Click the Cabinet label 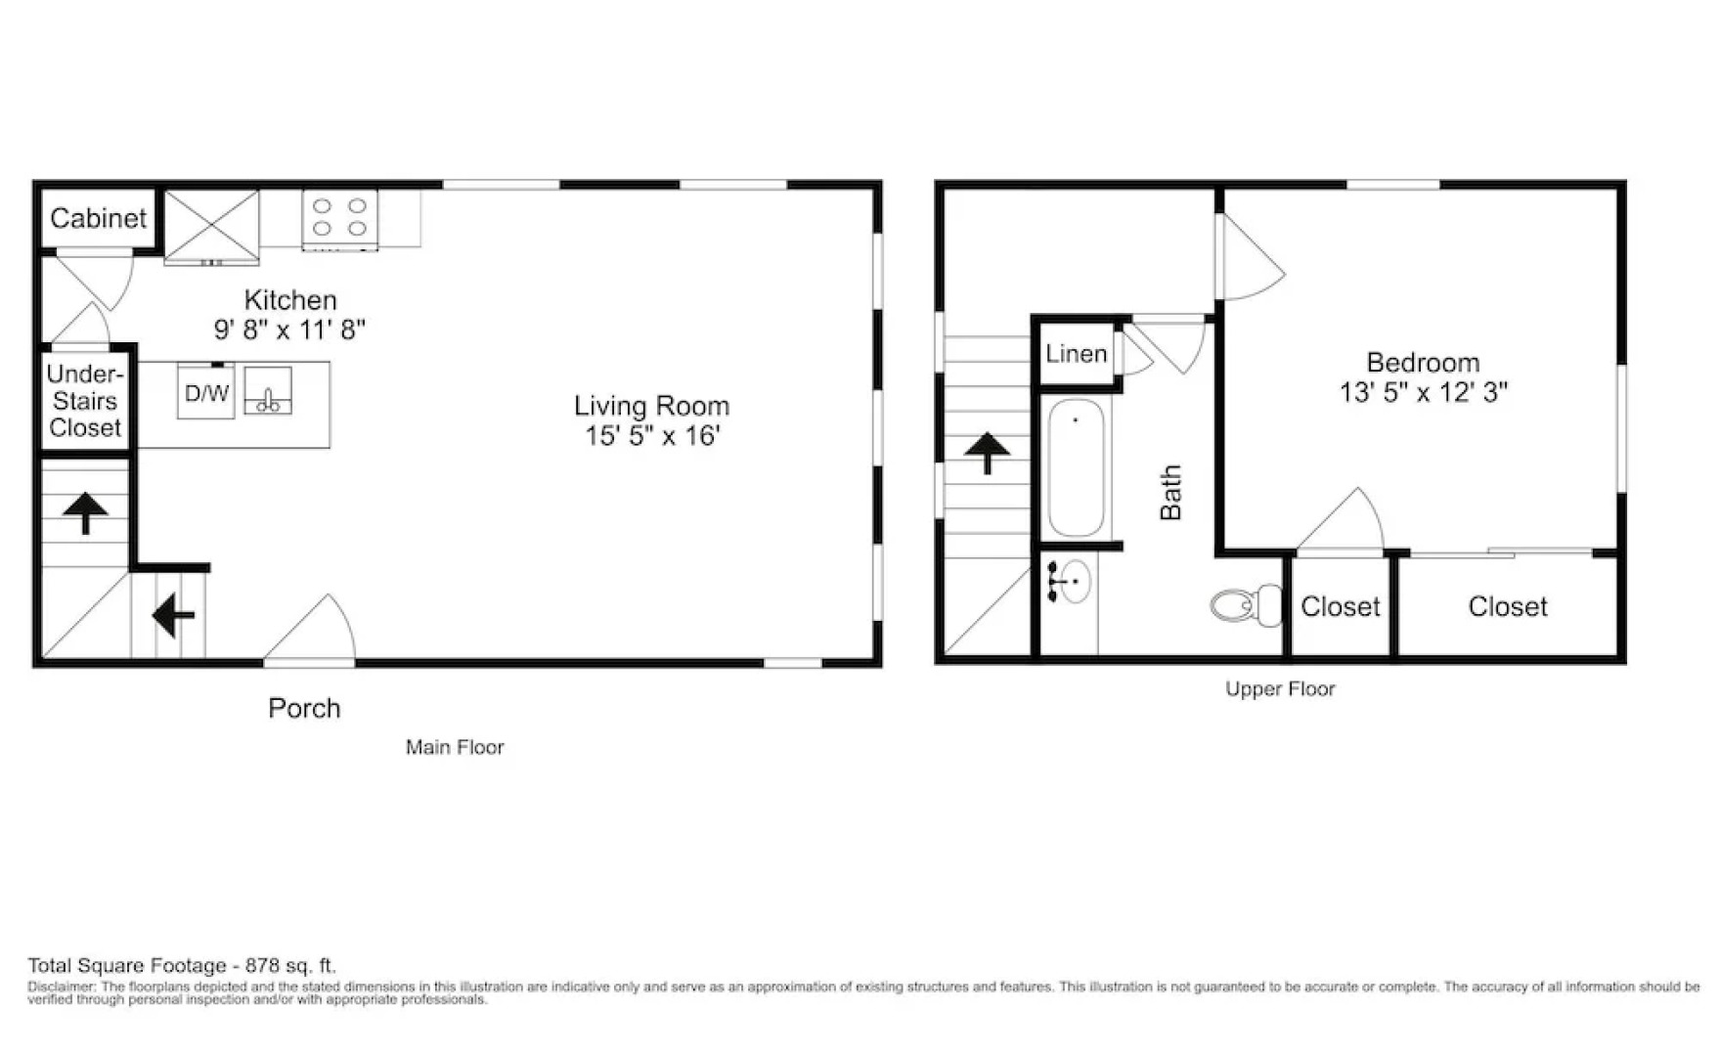point(98,218)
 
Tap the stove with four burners point(339,219)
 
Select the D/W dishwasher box point(205,393)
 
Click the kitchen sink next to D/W point(268,391)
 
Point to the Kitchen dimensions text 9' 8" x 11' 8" point(289,330)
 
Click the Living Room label point(651,406)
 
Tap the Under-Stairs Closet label point(85,401)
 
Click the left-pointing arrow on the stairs point(173,616)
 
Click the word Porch point(304,708)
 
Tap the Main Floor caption point(455,747)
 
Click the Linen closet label point(1076,354)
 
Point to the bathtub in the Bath point(1076,467)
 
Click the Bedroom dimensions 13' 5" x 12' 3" point(1423,392)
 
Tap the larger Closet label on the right point(1507,607)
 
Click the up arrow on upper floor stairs point(987,453)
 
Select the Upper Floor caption point(1280,689)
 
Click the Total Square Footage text point(182,966)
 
